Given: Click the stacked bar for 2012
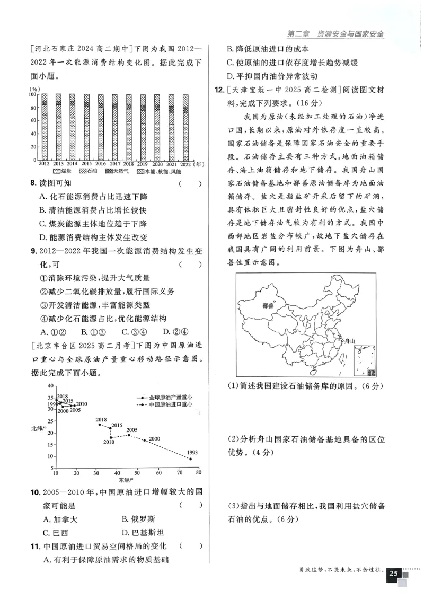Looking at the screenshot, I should click(45, 127).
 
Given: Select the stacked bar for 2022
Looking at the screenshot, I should click(185, 127).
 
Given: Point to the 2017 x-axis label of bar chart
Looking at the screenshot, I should click(114, 164).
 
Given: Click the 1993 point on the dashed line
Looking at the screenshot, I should click(190, 459).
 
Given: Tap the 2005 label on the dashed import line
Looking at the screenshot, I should click(132, 430).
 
